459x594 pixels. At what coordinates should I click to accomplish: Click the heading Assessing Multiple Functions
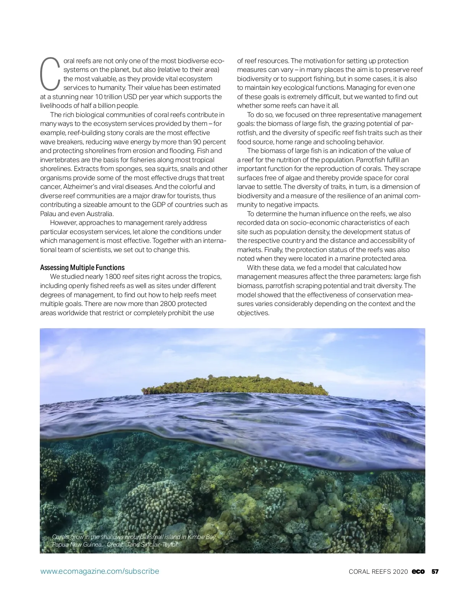pos(82,267)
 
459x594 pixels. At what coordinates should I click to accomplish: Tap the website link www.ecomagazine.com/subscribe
pos(100,571)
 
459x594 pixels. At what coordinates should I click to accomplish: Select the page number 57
pos(435,571)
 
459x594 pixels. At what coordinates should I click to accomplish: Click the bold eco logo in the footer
pos(418,571)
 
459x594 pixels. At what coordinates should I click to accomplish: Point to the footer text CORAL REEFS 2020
pos(378,571)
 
